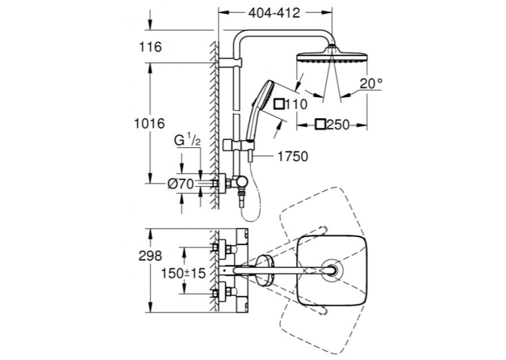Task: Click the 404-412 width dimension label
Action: click(274, 13)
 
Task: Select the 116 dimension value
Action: click(151, 47)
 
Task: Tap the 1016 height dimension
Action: click(149, 124)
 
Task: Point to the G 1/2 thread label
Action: click(188, 140)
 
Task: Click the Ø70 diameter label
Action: click(181, 184)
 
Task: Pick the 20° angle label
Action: click(371, 84)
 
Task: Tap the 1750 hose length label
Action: click(293, 157)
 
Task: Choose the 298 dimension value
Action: click(150, 256)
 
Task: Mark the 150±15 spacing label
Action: click(183, 273)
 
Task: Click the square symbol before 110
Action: click(279, 104)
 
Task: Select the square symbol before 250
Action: click(321, 125)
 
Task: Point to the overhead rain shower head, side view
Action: click(332, 55)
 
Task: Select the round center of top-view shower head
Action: click(332, 270)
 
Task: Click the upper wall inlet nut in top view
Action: click(215, 248)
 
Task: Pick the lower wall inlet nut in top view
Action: click(215, 293)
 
